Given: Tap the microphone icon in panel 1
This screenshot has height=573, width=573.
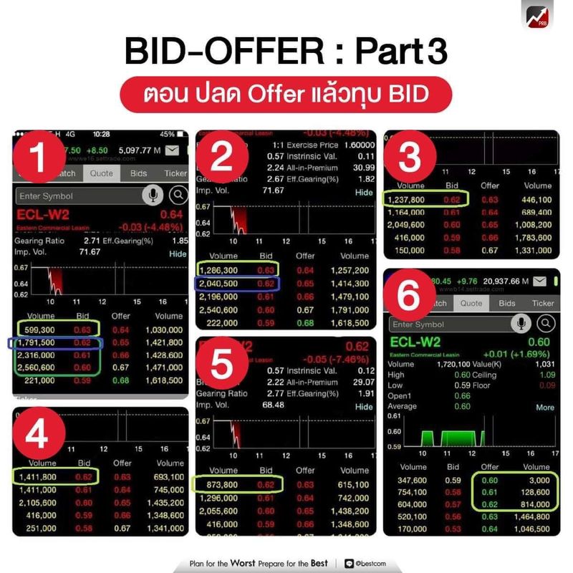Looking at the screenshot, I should click(153, 196).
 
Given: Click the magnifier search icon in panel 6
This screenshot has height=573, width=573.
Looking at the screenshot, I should click(545, 324).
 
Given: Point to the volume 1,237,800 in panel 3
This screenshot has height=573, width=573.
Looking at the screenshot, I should click(405, 199).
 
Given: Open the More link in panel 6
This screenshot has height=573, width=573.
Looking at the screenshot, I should click(545, 407).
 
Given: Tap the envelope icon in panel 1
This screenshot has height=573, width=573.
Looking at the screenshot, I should click(172, 150).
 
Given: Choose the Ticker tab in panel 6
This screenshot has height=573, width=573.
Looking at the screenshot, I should click(542, 303).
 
